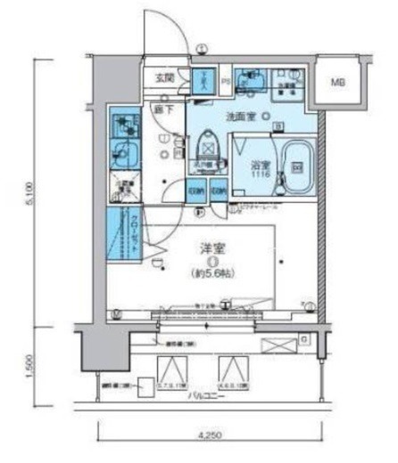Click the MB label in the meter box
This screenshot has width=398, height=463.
(338, 83)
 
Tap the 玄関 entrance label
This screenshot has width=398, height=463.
(163, 78)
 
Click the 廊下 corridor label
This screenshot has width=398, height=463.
(163, 108)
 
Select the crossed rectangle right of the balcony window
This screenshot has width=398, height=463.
(273, 345)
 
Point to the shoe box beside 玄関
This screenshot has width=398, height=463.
(204, 80)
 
